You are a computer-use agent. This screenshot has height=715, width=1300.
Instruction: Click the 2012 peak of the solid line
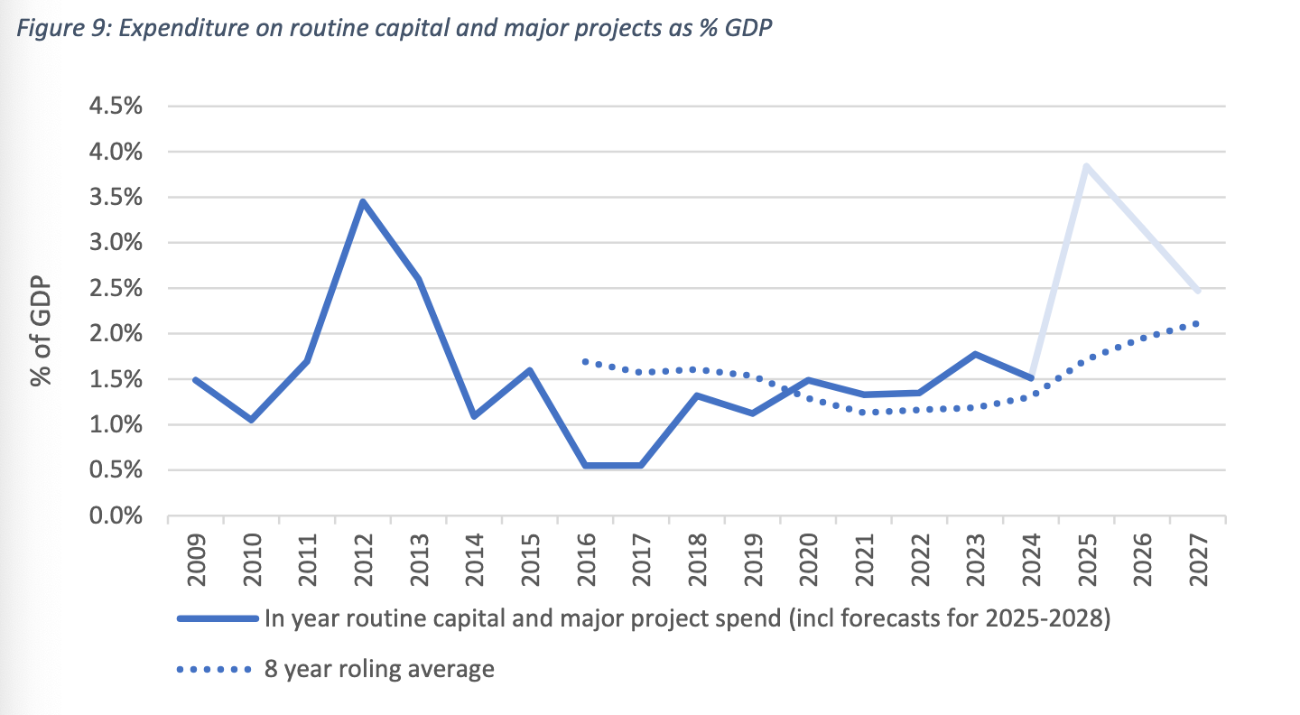pyautogui.click(x=362, y=201)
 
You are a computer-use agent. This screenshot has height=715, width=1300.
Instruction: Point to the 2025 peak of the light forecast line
pyautogui.click(x=1086, y=165)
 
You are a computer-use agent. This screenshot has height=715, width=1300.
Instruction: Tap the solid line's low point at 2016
pyautogui.click(x=585, y=465)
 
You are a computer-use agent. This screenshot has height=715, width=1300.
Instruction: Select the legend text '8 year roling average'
pyautogui.click(x=379, y=670)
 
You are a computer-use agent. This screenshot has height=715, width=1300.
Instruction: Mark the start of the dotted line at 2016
pyautogui.click(x=585, y=361)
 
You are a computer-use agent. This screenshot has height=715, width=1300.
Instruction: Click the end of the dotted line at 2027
pyautogui.click(x=1197, y=323)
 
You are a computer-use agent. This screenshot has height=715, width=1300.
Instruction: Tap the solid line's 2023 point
pyautogui.click(x=975, y=354)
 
